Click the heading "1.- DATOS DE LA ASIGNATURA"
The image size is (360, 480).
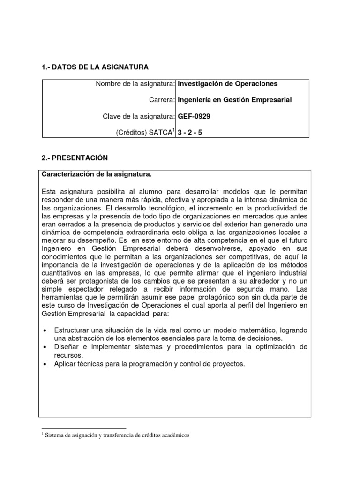95,68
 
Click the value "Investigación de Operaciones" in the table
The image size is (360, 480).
227,84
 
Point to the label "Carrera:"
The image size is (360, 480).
162,100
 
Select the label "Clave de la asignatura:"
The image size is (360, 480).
139,116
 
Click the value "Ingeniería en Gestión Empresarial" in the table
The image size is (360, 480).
234,100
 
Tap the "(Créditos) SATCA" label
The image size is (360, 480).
144,133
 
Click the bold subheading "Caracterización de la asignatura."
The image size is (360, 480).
97,174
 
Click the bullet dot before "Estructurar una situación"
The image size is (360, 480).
45,330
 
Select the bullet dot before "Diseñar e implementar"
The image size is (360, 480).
45,347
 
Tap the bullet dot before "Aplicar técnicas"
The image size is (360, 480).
45,364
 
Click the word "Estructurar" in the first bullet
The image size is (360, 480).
73,330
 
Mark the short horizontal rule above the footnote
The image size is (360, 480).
84,428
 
